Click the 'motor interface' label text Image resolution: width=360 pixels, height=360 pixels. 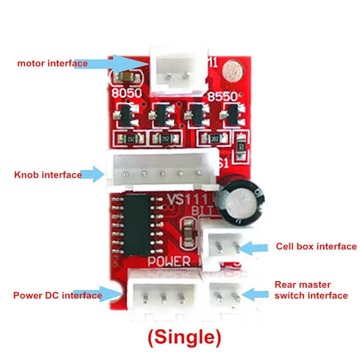click(x=52, y=63)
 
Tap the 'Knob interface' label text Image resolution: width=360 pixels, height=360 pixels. click(x=48, y=175)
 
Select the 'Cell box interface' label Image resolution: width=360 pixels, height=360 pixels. click(x=316, y=246)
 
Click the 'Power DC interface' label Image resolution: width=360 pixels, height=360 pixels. click(x=58, y=295)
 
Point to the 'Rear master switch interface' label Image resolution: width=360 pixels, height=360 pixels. click(x=311, y=290)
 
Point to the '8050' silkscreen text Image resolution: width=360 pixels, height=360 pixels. click(x=126, y=93)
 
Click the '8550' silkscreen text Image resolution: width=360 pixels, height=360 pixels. click(x=222, y=96)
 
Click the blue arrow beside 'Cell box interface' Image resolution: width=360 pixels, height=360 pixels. click(x=254, y=248)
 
